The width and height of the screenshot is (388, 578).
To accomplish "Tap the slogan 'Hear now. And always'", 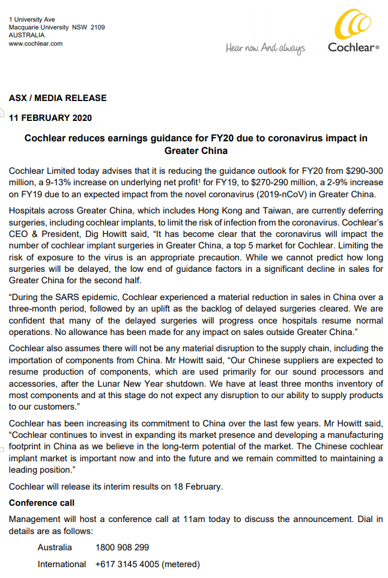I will click(265, 48).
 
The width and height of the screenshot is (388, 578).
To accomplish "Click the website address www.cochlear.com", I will click(35, 43).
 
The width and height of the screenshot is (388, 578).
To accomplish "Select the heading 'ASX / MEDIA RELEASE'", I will click(58, 98).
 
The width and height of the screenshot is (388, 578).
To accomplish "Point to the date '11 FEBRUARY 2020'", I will click(50, 118).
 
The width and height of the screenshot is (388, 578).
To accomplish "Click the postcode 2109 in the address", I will click(97, 28).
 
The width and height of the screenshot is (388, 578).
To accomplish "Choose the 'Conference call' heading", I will click(41, 502).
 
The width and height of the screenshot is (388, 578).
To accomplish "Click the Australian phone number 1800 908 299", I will click(123, 547).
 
